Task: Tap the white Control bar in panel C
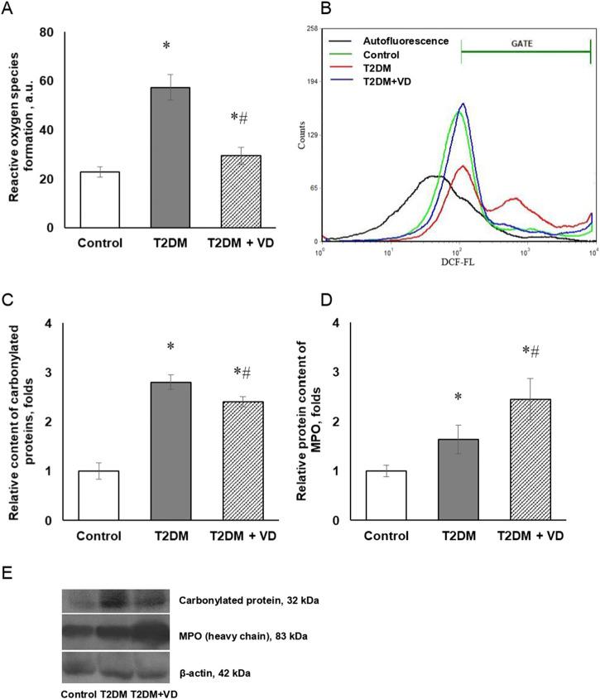pyautogui.click(x=98, y=495)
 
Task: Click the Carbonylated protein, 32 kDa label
pyautogui.click(x=260, y=599)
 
